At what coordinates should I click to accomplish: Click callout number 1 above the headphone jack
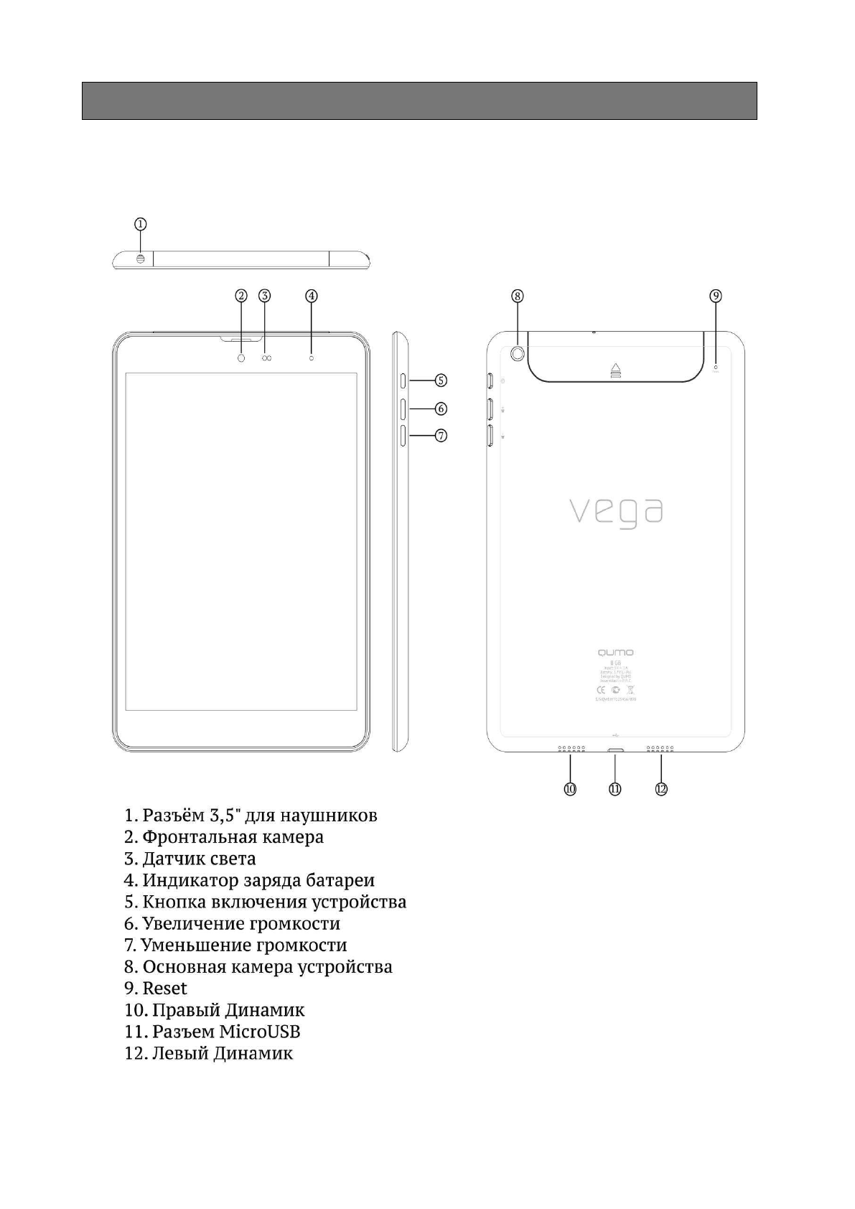(141, 223)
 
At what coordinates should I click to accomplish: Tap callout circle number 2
(241, 296)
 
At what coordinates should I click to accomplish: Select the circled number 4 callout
(311, 296)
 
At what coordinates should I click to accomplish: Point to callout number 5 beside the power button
(441, 381)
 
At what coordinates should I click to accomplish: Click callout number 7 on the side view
(441, 435)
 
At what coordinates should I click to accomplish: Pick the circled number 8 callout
(518, 296)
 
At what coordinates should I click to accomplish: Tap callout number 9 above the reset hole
(716, 296)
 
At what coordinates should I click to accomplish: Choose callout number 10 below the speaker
(570, 788)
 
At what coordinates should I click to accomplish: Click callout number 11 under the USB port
(615, 788)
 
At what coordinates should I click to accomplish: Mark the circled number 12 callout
(661, 788)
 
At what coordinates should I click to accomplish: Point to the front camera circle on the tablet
(241, 358)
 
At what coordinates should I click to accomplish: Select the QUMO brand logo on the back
(616, 652)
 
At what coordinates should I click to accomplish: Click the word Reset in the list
(164, 989)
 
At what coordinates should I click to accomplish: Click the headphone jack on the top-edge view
(140, 259)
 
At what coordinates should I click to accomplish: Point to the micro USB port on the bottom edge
(616, 751)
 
